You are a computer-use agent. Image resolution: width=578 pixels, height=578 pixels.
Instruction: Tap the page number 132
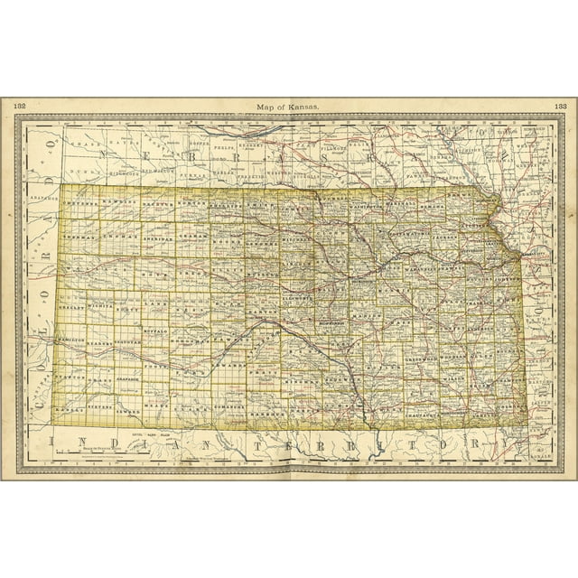pyautogui.click(x=20, y=107)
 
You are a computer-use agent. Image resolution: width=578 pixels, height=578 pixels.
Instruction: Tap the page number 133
pyautogui.click(x=558, y=107)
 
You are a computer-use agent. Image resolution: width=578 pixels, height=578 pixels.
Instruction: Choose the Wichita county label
pyautogui.click(x=100, y=307)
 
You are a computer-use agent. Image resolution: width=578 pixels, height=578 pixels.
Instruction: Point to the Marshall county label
pyautogui.click(x=398, y=204)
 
